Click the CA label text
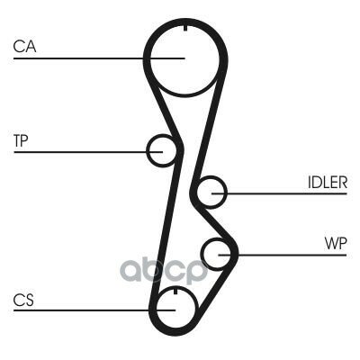(x=24, y=47)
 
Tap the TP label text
(x=21, y=140)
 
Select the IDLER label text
(x=328, y=182)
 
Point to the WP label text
(x=336, y=243)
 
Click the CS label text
(x=23, y=301)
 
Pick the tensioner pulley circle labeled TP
(x=148, y=150)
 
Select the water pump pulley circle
(x=202, y=254)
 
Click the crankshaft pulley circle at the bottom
(x=157, y=309)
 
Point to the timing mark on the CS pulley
(x=175, y=291)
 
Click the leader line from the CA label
(x=99, y=58)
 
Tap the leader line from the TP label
(x=88, y=152)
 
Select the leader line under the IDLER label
(x=279, y=193)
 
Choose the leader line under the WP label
(x=283, y=255)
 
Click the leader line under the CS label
(x=94, y=310)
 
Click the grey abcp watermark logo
(x=165, y=270)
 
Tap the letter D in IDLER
(x=318, y=182)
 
